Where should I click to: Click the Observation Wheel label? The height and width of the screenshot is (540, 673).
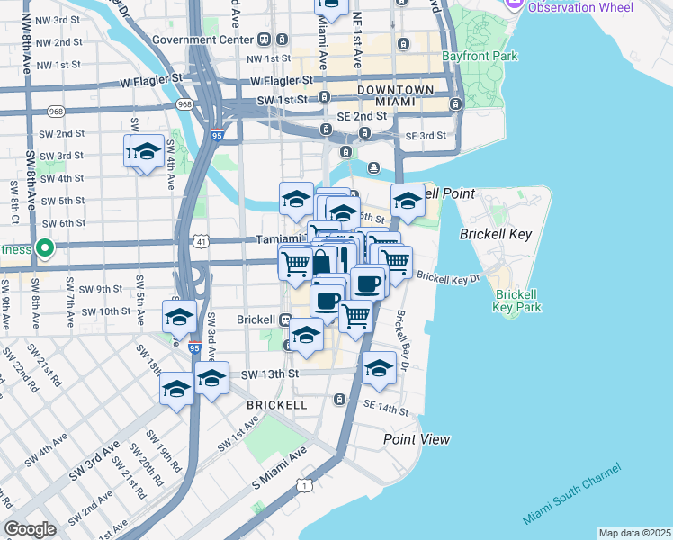pos(579,7)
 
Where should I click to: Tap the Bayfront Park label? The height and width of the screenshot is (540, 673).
pos(480,56)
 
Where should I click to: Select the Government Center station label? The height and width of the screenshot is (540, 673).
pos(204,40)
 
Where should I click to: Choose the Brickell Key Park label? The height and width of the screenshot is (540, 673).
pos(516,301)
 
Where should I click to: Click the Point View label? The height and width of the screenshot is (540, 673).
pos(417,439)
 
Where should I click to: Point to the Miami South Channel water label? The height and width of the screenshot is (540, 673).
pos(572,495)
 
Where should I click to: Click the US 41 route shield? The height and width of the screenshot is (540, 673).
pos(202,242)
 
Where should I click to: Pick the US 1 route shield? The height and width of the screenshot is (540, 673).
pos(306,487)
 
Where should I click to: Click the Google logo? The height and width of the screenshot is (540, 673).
pos(30,529)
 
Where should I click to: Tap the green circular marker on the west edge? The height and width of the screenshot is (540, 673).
pos(42,248)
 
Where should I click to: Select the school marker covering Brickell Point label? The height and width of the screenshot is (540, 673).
pos(407,201)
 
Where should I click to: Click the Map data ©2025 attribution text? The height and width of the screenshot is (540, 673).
pos(633,533)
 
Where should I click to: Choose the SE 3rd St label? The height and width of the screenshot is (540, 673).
pos(426,136)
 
